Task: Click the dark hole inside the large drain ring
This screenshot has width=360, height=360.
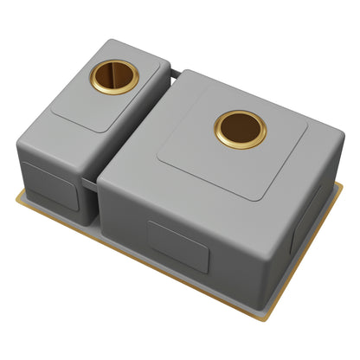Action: (241, 129)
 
